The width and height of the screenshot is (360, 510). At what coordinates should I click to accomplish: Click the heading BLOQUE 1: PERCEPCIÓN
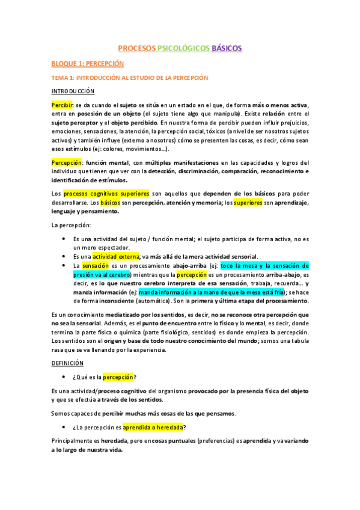pos(87,63)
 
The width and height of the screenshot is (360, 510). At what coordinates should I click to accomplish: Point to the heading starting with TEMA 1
pos(129,78)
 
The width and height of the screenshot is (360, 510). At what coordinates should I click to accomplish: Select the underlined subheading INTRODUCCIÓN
pos(73,91)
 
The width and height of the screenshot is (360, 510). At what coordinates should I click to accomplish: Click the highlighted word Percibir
pos(61,105)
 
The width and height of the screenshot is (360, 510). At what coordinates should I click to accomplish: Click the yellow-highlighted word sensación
pos(96,265)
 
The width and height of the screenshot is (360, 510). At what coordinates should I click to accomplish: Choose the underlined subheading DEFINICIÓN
pos(67,363)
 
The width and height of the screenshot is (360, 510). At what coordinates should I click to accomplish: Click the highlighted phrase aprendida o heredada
pos(154,427)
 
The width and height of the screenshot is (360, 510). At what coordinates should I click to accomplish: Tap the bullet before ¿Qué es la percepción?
pos(64,377)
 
